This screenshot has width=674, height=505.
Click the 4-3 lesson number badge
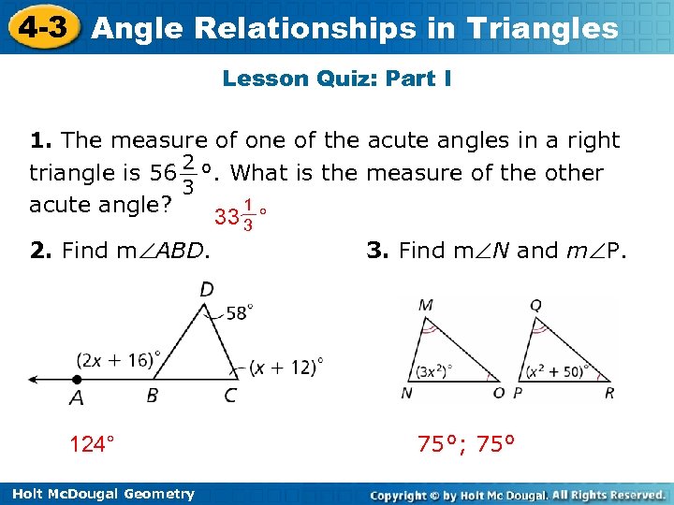[x=44, y=26]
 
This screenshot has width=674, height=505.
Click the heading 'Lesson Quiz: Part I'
[x=337, y=79]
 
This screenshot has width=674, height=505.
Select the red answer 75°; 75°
[x=467, y=443]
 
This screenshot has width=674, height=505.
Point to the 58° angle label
[x=239, y=312]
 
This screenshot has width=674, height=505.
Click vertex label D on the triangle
[x=206, y=290]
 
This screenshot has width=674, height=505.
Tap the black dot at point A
[x=77, y=380]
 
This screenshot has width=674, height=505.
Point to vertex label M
[x=426, y=305]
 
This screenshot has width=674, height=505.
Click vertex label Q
[x=535, y=305]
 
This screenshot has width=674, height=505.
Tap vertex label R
[x=609, y=393]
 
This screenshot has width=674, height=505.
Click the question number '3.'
[x=377, y=250]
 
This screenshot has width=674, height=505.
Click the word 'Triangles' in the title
[x=544, y=28]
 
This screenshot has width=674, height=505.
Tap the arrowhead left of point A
[x=34, y=380]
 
